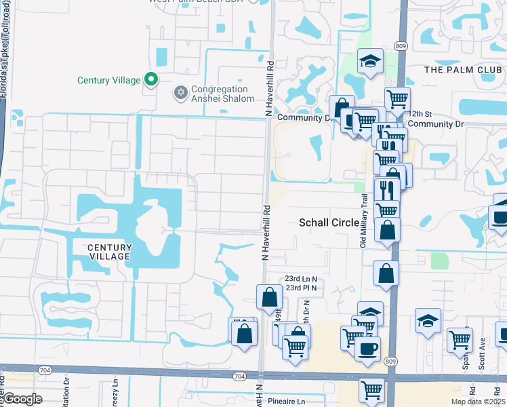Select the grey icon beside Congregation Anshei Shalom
tap(180, 92)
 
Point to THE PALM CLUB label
tap(463, 70)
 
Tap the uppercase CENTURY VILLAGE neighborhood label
tap(110, 252)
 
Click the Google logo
tap(23, 399)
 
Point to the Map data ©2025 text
tap(477, 402)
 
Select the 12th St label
tap(420, 113)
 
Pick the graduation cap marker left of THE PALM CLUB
tap(370, 61)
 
